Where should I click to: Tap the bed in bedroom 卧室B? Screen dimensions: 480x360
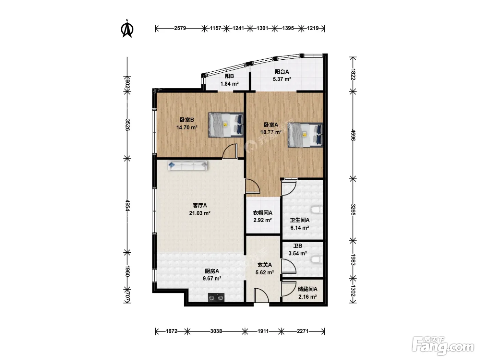pyautogui.click(x=226, y=125)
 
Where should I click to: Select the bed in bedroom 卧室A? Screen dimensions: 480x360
pyautogui.click(x=305, y=135)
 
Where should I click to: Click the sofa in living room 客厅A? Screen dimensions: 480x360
pyautogui.click(x=188, y=166)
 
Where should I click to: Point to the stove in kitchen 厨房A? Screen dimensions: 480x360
pyautogui.click(x=216, y=297)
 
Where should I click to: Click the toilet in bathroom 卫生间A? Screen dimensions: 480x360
pyautogui.click(x=317, y=210)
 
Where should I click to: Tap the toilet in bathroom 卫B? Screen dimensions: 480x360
pyautogui.click(x=317, y=260)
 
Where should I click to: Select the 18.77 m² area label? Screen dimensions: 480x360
pyautogui.click(x=271, y=132)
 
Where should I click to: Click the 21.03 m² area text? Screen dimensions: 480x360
pyautogui.click(x=200, y=213)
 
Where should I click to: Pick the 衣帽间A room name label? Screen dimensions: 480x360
pyautogui.click(x=262, y=213)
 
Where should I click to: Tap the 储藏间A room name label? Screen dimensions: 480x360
pyautogui.click(x=308, y=289)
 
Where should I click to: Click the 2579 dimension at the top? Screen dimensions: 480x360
pyautogui.click(x=180, y=28)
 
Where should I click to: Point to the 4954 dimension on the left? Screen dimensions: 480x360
pyautogui.click(x=127, y=205)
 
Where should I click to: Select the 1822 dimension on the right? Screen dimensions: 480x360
pyautogui.click(x=353, y=74)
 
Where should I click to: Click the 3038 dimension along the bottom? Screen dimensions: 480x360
pyautogui.click(x=216, y=331)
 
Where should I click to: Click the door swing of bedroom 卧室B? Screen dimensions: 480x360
pyautogui.click(x=230, y=151)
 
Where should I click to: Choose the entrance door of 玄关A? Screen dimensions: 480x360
pyautogui.click(x=261, y=296)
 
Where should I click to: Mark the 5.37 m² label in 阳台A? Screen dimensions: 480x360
pyautogui.click(x=282, y=79)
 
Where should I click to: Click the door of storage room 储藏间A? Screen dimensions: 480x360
pyautogui.click(x=289, y=289)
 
